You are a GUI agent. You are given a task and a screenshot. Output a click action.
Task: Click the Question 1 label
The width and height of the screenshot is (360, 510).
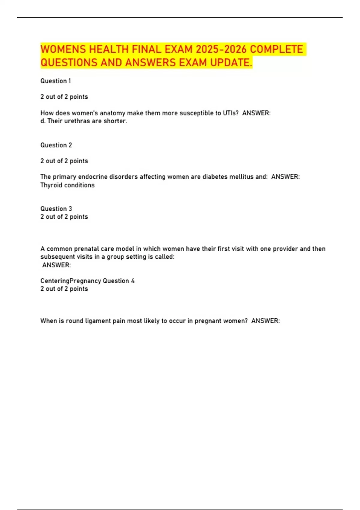[x=55, y=81]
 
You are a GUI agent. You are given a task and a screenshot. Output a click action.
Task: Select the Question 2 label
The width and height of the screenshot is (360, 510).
[x=56, y=145]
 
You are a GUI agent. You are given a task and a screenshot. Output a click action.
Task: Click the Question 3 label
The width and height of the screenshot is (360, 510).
[x=56, y=209]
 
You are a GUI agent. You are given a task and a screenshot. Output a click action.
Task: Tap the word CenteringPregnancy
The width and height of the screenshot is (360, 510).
[x=70, y=281]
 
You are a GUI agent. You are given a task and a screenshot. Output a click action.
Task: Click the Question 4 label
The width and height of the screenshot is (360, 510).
[x=118, y=281]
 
